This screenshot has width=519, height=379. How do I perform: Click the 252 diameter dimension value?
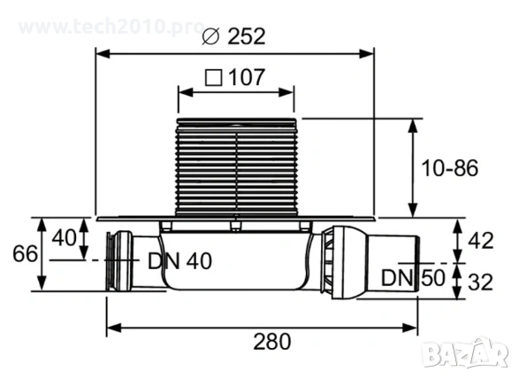[x=247, y=36]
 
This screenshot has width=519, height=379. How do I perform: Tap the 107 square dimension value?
[x=247, y=77]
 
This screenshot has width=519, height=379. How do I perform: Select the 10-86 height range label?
[x=449, y=168]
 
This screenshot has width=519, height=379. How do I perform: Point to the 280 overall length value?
[x=272, y=342]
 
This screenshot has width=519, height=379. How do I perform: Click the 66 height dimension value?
[x=25, y=254]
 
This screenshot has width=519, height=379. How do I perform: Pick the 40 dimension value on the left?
[x=65, y=237]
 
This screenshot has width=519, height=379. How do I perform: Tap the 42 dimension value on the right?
[x=481, y=240]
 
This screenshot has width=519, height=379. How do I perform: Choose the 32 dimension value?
[x=481, y=282]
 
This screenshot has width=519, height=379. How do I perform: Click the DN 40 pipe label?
[x=179, y=261]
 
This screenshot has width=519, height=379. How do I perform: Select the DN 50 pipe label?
[x=413, y=277]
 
